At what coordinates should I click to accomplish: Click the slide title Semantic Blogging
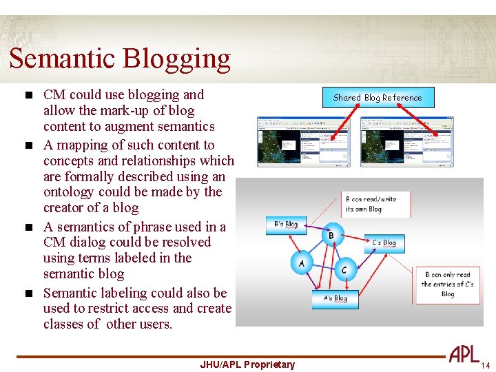(x=120, y=59)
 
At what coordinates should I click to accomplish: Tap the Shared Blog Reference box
(x=377, y=98)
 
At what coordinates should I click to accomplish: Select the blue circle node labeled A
(x=301, y=262)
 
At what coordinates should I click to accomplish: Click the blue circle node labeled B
(x=331, y=235)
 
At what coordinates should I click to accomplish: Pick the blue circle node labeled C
(x=344, y=269)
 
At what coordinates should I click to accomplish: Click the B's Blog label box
(x=286, y=225)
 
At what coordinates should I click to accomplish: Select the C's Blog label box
(x=384, y=242)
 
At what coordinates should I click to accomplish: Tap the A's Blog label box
(x=335, y=298)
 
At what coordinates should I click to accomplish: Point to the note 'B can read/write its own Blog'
(x=376, y=204)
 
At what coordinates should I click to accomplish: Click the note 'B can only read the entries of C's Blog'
(x=447, y=284)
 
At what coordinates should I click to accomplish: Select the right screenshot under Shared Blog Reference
(x=406, y=141)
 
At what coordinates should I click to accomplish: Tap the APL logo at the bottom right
(x=464, y=354)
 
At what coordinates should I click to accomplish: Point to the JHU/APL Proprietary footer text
(x=247, y=364)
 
